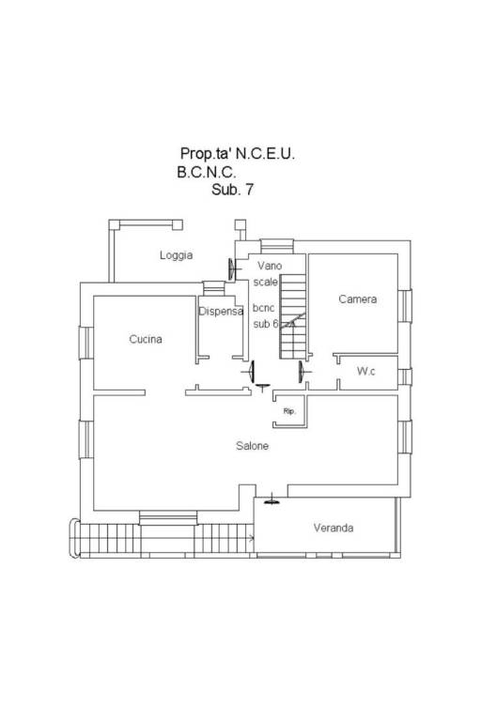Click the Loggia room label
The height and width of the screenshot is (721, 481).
(x=176, y=255)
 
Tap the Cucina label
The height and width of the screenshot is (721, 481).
(x=146, y=339)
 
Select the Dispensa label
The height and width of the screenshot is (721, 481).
(x=221, y=312)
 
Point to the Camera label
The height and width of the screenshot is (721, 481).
(x=358, y=299)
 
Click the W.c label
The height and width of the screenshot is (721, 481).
(x=366, y=371)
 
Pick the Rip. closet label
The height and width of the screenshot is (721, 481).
(x=289, y=411)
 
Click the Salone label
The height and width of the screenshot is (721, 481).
(x=252, y=446)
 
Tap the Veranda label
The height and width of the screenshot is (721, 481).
(x=334, y=528)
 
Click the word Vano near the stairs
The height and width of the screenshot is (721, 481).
(x=270, y=266)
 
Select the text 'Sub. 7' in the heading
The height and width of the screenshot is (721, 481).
(x=232, y=190)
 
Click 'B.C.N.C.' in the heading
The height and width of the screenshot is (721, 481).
(x=207, y=173)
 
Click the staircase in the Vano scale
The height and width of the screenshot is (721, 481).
(x=293, y=316)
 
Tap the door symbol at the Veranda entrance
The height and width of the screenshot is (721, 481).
(x=272, y=499)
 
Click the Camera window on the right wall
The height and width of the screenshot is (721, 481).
(x=405, y=306)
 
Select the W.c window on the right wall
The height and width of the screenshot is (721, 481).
(x=405, y=377)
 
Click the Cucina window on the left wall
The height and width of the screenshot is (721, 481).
(x=86, y=343)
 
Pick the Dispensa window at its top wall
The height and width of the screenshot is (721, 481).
(x=213, y=288)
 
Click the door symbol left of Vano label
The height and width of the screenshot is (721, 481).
(x=233, y=269)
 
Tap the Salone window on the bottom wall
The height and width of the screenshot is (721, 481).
(x=168, y=518)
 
